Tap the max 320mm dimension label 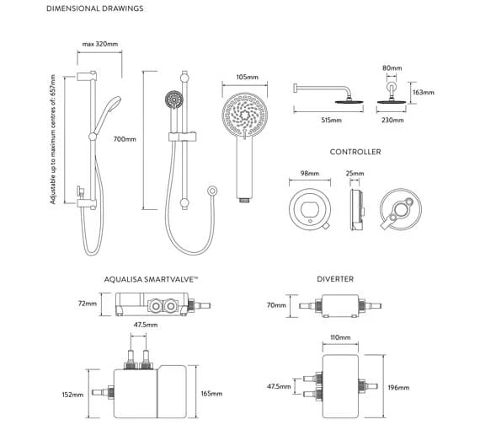coord(99,45)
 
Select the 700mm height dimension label coord(124,139)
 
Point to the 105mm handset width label coord(247,77)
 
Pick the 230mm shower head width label coord(393,121)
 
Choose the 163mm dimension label coord(424,93)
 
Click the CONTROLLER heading coord(355,152)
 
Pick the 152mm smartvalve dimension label coord(72,394)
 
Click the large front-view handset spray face coord(244,116)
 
